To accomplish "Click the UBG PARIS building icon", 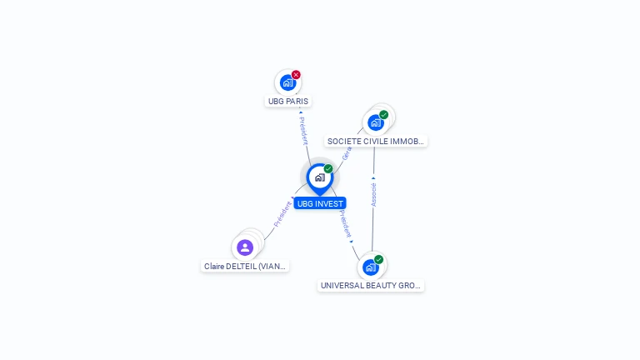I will [x=287, y=82].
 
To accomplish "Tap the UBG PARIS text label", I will [x=287, y=101].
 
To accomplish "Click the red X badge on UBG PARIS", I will [x=296, y=75].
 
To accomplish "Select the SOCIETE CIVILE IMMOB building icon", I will [x=375, y=122].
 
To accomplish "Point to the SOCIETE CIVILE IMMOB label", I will [x=376, y=142].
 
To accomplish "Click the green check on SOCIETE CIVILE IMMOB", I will [x=383, y=115].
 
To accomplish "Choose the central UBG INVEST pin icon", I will [x=318, y=177].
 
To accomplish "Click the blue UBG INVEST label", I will [x=319, y=203].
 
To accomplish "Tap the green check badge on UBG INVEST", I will [x=328, y=169].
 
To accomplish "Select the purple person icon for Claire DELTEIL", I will [x=245, y=247].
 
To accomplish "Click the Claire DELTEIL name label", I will [x=245, y=267].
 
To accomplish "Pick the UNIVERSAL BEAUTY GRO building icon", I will [x=370, y=267].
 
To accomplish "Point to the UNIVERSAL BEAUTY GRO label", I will [x=371, y=285].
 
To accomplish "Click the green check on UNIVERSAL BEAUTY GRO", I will [x=378, y=260].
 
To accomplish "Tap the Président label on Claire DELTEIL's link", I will [x=282, y=214].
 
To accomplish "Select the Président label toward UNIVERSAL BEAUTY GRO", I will [x=345, y=223].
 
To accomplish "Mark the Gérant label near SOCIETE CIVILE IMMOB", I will [x=347, y=152].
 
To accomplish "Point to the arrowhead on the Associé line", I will [x=373, y=177].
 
